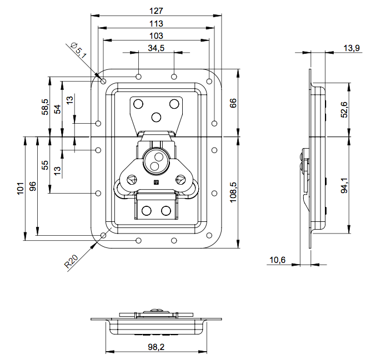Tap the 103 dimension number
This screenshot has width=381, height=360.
[x=156, y=36]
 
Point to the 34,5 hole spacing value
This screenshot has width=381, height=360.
[x=156, y=48]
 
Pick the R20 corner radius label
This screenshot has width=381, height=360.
[x=72, y=261]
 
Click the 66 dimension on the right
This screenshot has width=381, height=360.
[x=233, y=103]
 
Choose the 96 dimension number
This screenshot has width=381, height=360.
[x=33, y=186]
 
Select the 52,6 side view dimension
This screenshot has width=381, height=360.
[x=344, y=109]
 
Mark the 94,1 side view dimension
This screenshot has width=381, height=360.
[x=344, y=185]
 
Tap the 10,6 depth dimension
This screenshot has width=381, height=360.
[x=277, y=260]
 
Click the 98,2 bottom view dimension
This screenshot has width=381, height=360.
[x=156, y=347]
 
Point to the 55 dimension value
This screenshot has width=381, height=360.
[x=46, y=165]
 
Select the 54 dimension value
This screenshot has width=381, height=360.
[x=57, y=109]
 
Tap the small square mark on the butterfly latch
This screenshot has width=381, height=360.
[x=156, y=181]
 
